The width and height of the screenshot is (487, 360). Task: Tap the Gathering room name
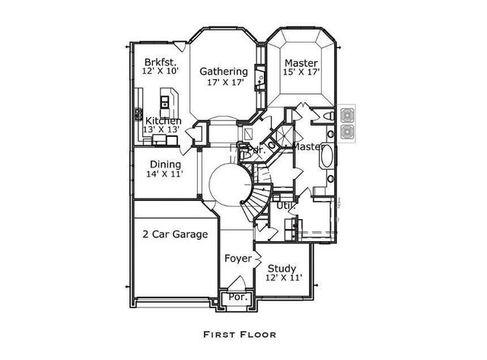click(x=224, y=72)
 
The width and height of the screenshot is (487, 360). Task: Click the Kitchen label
click(x=164, y=121)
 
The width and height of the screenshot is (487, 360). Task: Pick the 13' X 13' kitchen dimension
click(x=161, y=130)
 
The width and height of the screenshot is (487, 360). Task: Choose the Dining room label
click(x=165, y=164)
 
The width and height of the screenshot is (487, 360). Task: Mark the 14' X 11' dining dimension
click(x=166, y=174)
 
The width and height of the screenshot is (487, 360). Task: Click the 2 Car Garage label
click(x=175, y=234)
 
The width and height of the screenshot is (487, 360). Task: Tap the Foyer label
click(x=237, y=259)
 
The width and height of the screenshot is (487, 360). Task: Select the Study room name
click(x=282, y=268)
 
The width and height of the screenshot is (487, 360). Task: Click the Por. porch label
click(x=238, y=298)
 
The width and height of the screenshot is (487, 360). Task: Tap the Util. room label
click(x=285, y=205)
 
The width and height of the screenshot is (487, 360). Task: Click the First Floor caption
click(x=240, y=333)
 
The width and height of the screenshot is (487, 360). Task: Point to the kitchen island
click(x=168, y=100)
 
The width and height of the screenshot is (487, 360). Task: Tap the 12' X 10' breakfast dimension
click(x=160, y=72)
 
